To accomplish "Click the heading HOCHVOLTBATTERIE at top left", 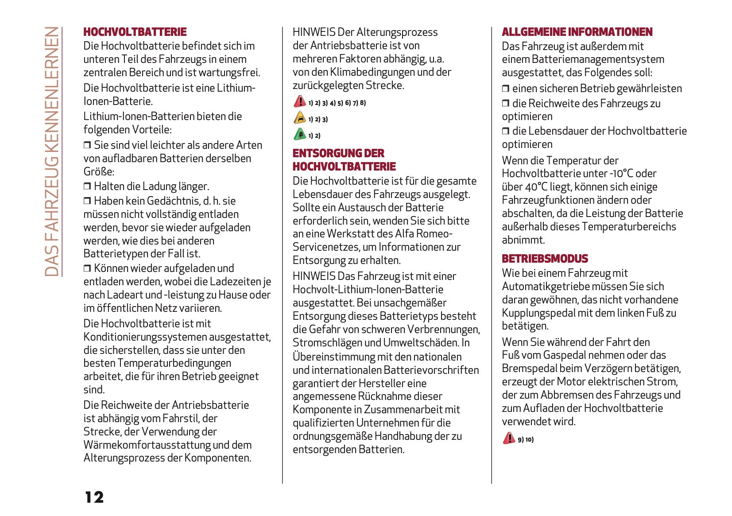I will click(135, 32).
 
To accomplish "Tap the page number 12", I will click(94, 497).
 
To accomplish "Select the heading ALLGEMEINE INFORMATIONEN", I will click(577, 32).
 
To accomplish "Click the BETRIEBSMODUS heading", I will click(545, 259).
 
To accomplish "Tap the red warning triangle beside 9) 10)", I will click(509, 438).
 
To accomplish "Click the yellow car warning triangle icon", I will click(300, 118).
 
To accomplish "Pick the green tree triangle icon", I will click(300, 134).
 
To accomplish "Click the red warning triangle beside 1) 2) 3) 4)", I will click(300, 101).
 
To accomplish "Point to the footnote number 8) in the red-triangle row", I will click(363, 103).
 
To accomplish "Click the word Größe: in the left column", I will click(99, 171).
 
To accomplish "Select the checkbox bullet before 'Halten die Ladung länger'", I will click(87, 186).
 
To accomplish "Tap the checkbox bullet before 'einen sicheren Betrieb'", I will click(506, 89).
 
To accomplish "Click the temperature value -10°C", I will click(621, 174).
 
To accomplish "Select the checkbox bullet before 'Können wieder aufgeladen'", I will click(87, 268).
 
